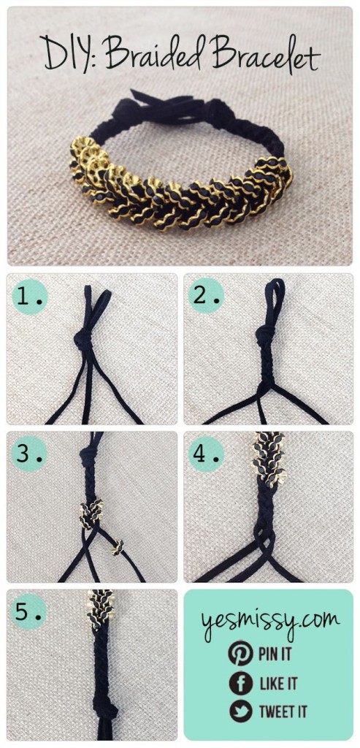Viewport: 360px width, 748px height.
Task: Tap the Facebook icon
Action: pos(239,683)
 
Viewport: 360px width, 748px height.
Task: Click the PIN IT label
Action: pos(275,653)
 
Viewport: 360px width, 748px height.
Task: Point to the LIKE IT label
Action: pos(278,684)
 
